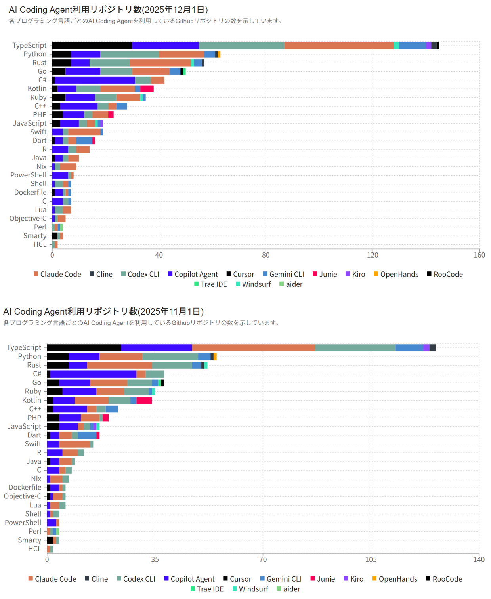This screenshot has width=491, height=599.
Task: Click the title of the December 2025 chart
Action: [108, 10]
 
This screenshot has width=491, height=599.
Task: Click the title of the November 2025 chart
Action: [103, 312]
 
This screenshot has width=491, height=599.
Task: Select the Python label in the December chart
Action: [35, 54]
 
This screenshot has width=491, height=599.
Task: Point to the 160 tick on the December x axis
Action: [479, 255]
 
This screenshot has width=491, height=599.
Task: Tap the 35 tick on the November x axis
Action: [155, 559]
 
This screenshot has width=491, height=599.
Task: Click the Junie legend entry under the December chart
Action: [325, 274]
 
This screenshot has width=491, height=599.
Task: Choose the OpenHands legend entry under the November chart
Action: [394, 579]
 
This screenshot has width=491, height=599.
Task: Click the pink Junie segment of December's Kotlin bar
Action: [147, 89]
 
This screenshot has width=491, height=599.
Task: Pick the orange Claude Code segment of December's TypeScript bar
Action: [339, 46]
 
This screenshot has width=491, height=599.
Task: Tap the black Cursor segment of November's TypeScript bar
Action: [84, 348]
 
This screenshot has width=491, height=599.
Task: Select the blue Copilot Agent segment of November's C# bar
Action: [93, 374]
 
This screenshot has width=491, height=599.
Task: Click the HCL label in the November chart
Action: [34, 549]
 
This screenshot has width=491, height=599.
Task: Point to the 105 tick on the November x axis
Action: [371, 559]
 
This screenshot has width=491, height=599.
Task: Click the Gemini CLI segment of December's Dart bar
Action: [84, 141]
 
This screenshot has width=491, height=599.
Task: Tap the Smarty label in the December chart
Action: [35, 236]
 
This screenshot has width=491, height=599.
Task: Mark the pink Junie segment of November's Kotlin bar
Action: [144, 400]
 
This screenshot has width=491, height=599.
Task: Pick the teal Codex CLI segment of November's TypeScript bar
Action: [355, 348]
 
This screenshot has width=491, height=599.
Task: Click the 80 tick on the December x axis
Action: [266, 255]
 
